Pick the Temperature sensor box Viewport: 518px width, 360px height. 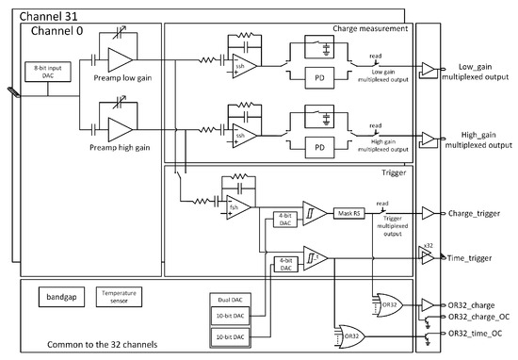[118, 296]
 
